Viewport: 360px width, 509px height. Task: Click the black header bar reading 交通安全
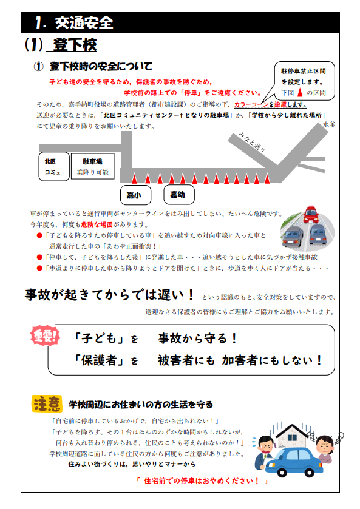[x=180, y=22]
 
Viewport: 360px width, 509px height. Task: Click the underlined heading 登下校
[x=75, y=44]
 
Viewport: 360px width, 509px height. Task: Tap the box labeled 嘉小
[x=135, y=195]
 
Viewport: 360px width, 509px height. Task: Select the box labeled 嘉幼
[x=179, y=195]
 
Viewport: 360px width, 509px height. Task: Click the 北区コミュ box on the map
[x=54, y=166]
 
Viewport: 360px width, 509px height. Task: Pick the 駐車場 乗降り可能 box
[x=93, y=166]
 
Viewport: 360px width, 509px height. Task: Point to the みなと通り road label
[x=252, y=142]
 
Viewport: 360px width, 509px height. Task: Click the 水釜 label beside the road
[x=329, y=124]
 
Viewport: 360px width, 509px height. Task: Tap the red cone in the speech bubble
[x=301, y=92]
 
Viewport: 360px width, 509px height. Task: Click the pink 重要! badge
[x=45, y=335]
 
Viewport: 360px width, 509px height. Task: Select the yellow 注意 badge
[x=47, y=404]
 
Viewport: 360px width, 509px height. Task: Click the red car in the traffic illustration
[x=311, y=214]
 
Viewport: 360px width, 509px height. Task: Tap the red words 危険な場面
[x=97, y=224]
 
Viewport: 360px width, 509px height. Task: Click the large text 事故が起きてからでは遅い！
[x=110, y=294]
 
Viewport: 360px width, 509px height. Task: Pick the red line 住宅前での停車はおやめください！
[x=202, y=480]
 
